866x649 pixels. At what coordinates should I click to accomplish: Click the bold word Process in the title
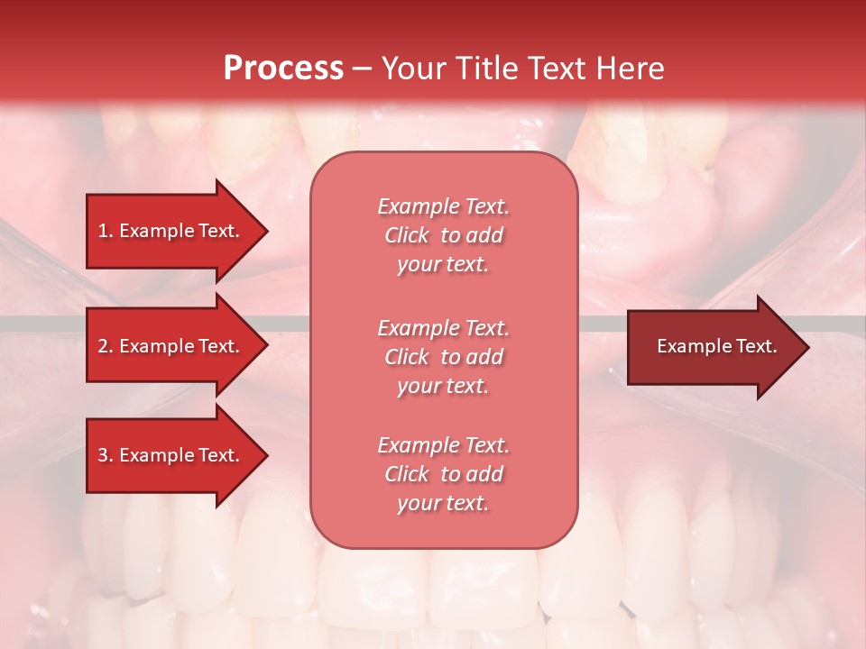(283, 69)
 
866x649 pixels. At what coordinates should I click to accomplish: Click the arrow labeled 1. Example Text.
(171, 231)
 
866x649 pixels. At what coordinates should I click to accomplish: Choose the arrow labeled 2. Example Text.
(171, 346)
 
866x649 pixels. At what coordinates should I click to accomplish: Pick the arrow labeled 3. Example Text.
(171, 455)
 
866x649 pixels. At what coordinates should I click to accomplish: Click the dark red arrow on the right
(713, 346)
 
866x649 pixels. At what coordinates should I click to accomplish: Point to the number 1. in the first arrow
(106, 231)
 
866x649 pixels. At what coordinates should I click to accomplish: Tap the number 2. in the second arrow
(106, 346)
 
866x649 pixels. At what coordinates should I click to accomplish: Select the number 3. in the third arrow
(106, 455)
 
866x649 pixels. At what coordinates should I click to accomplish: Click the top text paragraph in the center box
(443, 235)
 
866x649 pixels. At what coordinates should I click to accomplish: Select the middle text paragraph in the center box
(443, 356)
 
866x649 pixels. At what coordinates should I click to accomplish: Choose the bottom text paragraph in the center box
(443, 474)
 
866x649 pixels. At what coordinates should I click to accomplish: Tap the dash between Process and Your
(362, 69)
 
